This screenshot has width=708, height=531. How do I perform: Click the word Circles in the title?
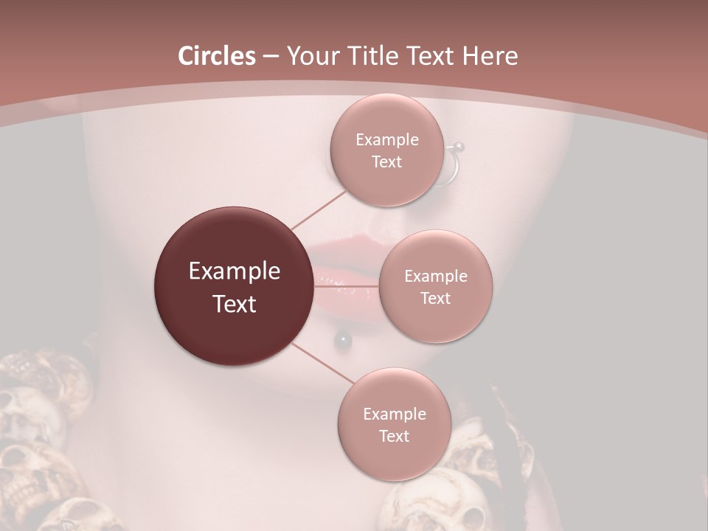(216, 56)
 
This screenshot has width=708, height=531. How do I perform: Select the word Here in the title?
(490, 56)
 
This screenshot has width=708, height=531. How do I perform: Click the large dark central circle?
(234, 286)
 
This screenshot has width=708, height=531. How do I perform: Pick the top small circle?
(386, 150)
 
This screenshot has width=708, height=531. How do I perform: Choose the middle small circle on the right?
(435, 286)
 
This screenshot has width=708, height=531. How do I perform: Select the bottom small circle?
(394, 424)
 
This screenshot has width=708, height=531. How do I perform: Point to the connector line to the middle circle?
(347, 286)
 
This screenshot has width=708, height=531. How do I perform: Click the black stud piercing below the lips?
(343, 339)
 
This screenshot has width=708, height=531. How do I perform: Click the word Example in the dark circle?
(234, 271)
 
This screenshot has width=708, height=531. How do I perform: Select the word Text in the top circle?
(386, 162)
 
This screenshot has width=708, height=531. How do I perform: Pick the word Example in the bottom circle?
(394, 414)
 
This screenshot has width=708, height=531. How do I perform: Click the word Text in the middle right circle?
(435, 298)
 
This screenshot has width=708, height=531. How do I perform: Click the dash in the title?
(271, 57)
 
